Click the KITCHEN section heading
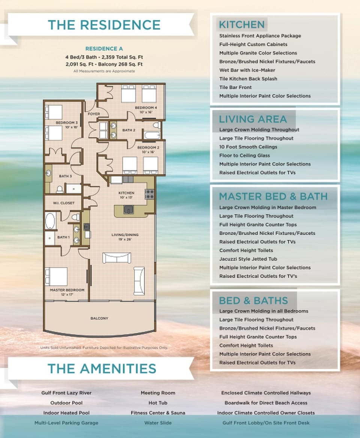(241, 25)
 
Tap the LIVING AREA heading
(253, 119)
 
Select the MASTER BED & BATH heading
(273, 196)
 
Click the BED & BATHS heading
(253, 300)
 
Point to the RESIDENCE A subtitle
(104, 49)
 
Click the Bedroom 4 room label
(146, 108)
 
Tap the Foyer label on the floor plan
(94, 114)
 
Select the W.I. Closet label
(63, 203)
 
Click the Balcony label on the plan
(99, 318)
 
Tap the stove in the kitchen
(149, 193)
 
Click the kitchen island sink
(128, 209)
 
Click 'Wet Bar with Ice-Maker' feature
(247, 70)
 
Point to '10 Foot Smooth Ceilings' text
(248, 147)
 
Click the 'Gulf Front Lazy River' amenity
(66, 393)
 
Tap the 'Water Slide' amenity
(158, 423)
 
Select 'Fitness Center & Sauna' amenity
(158, 413)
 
